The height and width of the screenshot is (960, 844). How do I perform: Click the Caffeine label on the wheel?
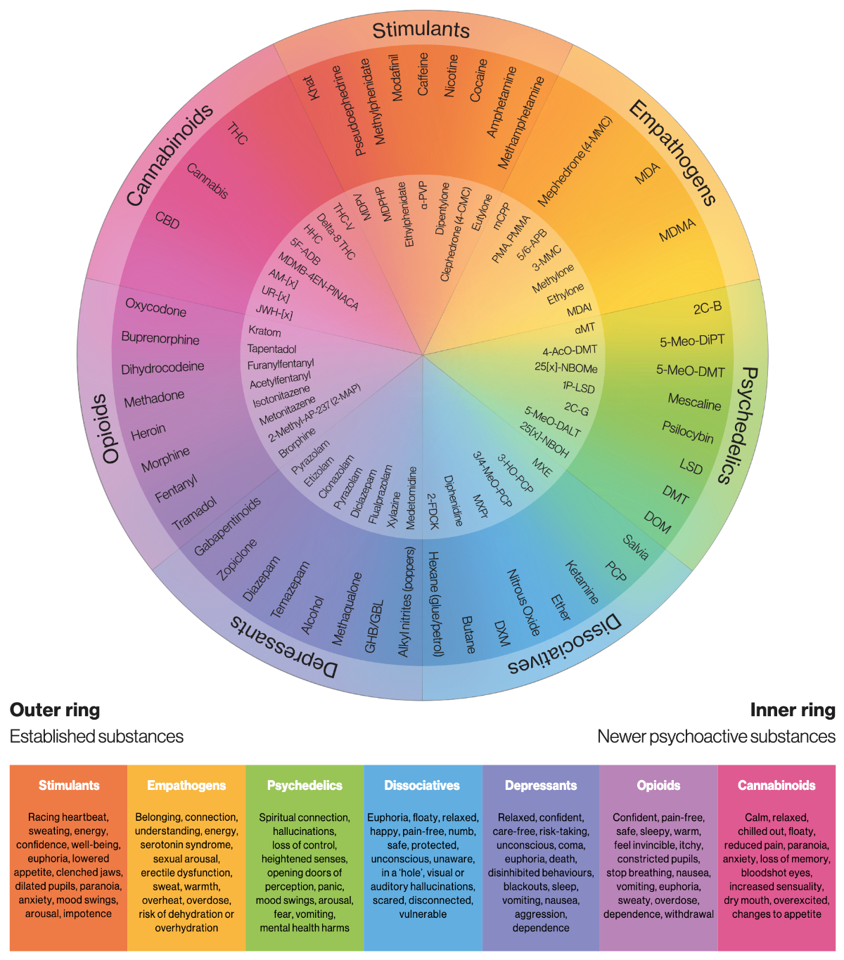click(x=423, y=74)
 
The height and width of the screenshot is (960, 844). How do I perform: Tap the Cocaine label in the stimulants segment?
click(x=478, y=80)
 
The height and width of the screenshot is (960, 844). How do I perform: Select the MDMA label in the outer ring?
click(x=677, y=230)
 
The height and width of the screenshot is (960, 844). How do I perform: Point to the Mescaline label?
click(x=694, y=402)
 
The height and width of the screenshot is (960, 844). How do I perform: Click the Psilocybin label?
click(x=687, y=432)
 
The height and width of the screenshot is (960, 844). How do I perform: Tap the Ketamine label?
click(x=582, y=583)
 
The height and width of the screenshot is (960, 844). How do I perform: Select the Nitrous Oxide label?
click(x=523, y=602)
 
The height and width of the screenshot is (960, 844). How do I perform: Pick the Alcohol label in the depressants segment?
click(x=312, y=615)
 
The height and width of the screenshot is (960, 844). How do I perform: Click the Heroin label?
click(x=148, y=432)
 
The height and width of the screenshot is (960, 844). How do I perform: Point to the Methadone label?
click(x=154, y=398)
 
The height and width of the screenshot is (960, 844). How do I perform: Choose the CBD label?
click(x=167, y=220)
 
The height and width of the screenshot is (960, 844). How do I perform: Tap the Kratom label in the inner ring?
click(x=264, y=331)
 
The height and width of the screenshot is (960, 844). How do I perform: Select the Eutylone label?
click(x=482, y=212)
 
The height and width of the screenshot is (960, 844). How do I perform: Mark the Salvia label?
click(x=635, y=547)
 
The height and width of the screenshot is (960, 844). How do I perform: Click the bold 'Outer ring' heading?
click(x=55, y=710)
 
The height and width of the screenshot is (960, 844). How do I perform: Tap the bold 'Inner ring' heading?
click(x=793, y=710)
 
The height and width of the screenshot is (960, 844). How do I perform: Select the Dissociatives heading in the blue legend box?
click(x=422, y=786)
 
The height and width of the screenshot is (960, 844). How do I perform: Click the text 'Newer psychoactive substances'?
click(x=716, y=737)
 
